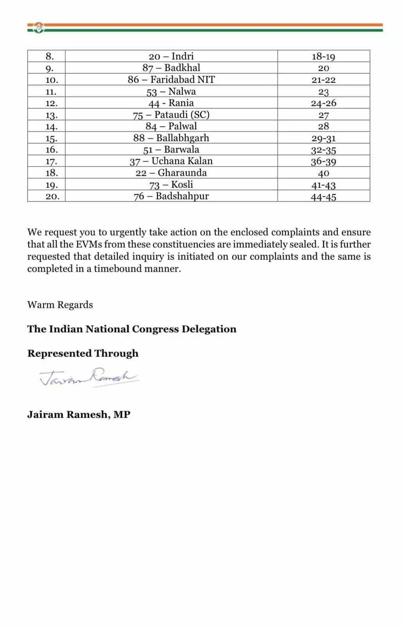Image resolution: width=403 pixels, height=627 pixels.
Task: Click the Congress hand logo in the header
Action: pos(39,28)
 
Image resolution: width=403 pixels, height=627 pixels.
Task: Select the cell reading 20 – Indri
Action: pos(171,56)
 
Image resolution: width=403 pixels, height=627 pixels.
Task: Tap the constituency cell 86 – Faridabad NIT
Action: pos(171,80)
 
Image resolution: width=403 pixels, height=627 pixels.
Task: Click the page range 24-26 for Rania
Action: pos(323,103)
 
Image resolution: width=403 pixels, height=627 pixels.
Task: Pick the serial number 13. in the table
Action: pos(51,115)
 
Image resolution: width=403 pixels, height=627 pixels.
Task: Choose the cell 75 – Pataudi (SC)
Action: pos(171,115)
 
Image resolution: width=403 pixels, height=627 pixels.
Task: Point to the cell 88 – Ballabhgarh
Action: pos(171,138)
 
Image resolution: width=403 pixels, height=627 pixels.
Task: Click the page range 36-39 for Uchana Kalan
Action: pos(323,161)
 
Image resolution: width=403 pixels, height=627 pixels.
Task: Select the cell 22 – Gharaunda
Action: pos(171,173)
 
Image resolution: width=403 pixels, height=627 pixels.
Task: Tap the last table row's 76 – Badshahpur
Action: pos(171,196)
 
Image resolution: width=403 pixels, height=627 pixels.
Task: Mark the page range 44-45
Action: pos(323,197)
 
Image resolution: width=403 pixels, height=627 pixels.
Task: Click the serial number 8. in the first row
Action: pos(50,56)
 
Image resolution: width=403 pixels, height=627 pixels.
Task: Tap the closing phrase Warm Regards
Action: pos(60,305)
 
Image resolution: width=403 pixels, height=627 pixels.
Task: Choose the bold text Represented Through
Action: pos(83,353)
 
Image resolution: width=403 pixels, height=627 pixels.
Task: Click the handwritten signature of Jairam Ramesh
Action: pos(89,377)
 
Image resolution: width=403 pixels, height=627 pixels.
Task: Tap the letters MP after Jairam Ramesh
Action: pos(122,415)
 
